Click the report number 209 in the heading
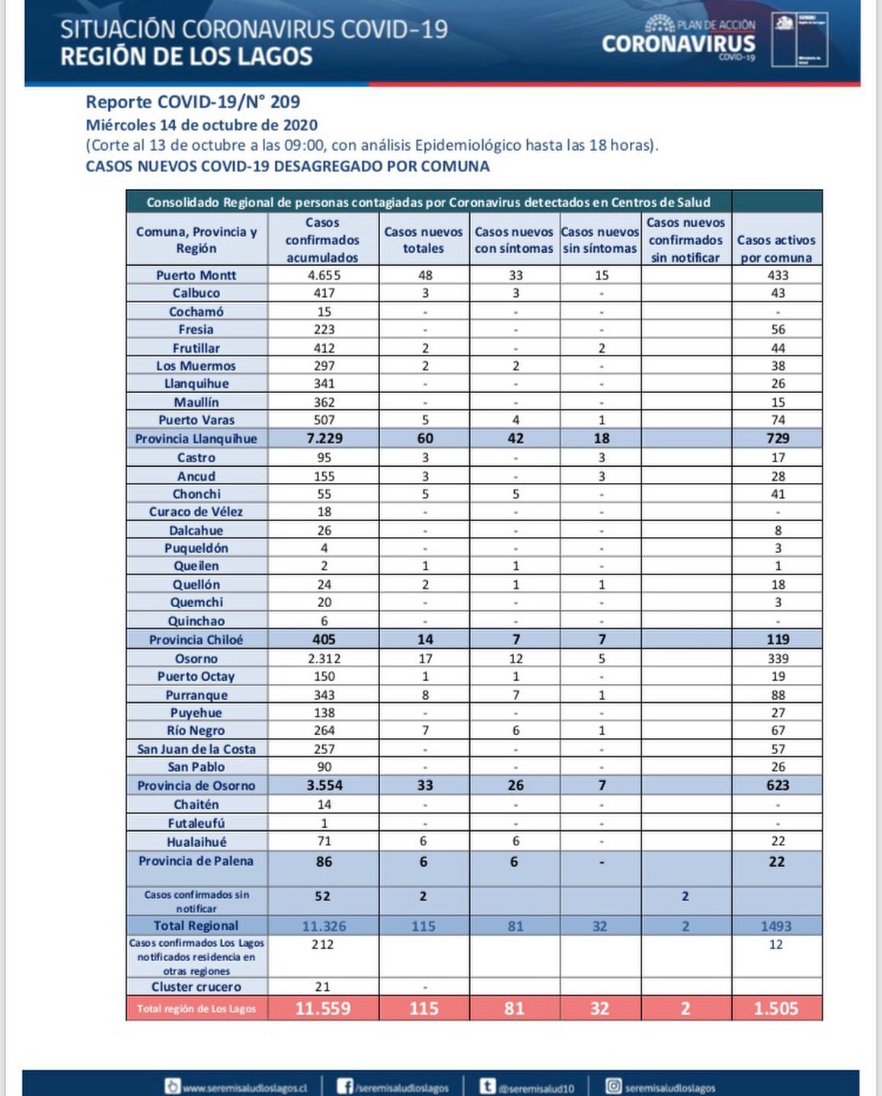point(285,102)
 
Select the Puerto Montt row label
point(197,275)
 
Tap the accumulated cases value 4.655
point(322,275)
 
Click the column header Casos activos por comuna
point(776,248)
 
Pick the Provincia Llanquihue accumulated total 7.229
point(324,439)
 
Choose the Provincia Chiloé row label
point(197,640)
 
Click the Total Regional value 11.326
point(324,926)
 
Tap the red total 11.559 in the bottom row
point(323,1008)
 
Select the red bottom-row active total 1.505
point(776,1008)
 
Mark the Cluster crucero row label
point(197,987)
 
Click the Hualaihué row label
point(197,842)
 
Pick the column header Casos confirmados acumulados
point(322,240)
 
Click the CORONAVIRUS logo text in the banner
point(679,44)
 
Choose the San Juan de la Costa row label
point(197,749)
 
